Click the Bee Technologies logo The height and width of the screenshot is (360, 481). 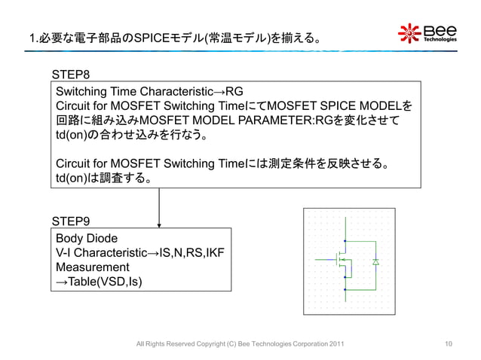click(427, 34)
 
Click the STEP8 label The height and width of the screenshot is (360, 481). click(72, 75)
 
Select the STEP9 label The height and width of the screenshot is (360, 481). click(72, 221)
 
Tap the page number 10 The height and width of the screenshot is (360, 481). click(449, 344)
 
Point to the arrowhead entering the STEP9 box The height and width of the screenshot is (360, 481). click(160, 224)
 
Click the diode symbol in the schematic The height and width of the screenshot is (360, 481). click(375, 261)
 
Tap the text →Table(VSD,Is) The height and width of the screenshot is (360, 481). click(97, 282)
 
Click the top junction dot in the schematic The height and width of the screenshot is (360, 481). click(345, 240)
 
